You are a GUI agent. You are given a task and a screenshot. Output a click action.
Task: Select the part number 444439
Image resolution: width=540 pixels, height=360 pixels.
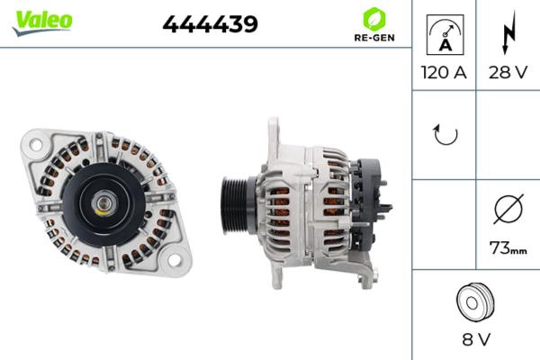[x=210, y=24]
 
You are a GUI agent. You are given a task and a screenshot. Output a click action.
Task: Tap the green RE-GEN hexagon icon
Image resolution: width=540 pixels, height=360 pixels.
[x=372, y=18]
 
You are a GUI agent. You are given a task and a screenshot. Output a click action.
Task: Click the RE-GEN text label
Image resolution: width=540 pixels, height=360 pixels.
[x=372, y=39]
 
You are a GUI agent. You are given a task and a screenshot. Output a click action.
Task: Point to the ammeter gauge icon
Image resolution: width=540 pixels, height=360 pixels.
[x=444, y=33]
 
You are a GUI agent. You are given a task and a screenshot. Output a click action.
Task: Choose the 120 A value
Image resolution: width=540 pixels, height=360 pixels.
[x=444, y=73]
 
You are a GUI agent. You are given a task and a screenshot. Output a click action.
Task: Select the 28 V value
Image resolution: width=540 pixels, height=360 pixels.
[x=507, y=73]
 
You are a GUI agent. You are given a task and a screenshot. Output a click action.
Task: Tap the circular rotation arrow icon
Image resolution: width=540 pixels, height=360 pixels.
[x=445, y=135]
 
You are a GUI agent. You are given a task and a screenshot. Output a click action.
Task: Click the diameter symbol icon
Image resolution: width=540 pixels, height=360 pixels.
[x=507, y=210]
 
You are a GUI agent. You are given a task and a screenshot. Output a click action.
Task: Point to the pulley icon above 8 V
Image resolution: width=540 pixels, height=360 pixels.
[x=476, y=301]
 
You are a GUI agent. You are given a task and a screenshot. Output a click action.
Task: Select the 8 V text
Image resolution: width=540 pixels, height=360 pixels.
[x=476, y=341]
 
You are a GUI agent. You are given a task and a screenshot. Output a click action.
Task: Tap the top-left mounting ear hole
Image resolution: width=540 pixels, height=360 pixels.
[x=34, y=142]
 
